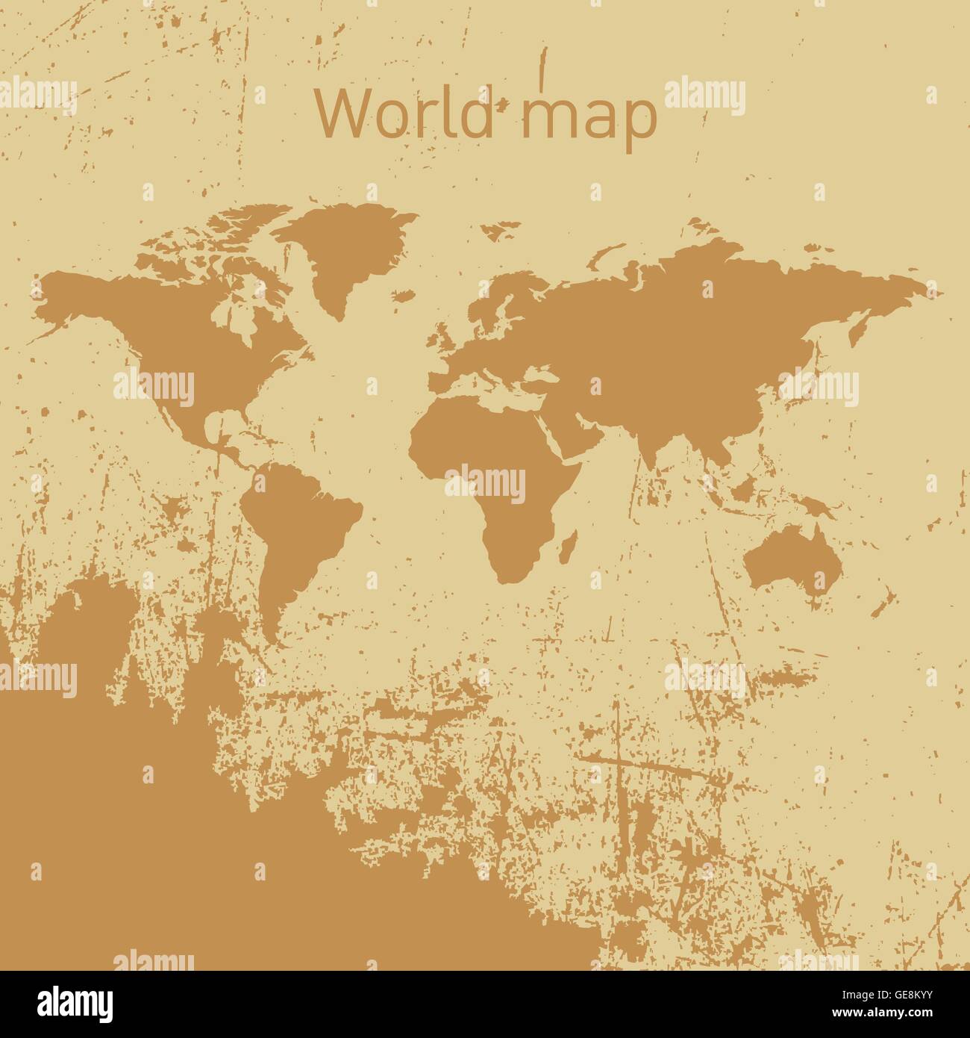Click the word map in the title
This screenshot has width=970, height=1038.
(x=589, y=116)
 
